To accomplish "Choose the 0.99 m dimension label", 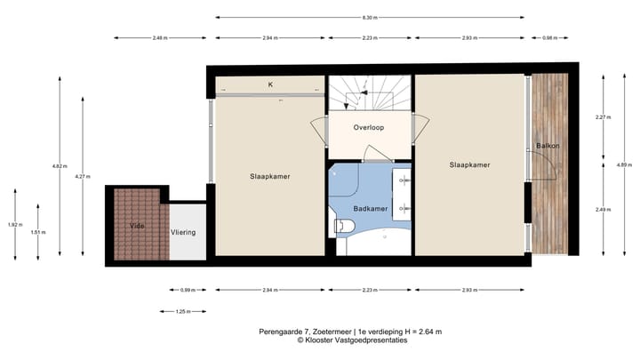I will tap(187, 290).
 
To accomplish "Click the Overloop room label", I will tap(368, 127).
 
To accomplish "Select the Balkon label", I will tap(547, 145).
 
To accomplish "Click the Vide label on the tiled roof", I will tap(136, 226).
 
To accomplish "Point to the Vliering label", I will tap(183, 232).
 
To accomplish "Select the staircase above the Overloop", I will tap(369, 93).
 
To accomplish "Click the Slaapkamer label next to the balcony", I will tap(469, 164).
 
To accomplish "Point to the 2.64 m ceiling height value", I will tap(428, 332).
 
